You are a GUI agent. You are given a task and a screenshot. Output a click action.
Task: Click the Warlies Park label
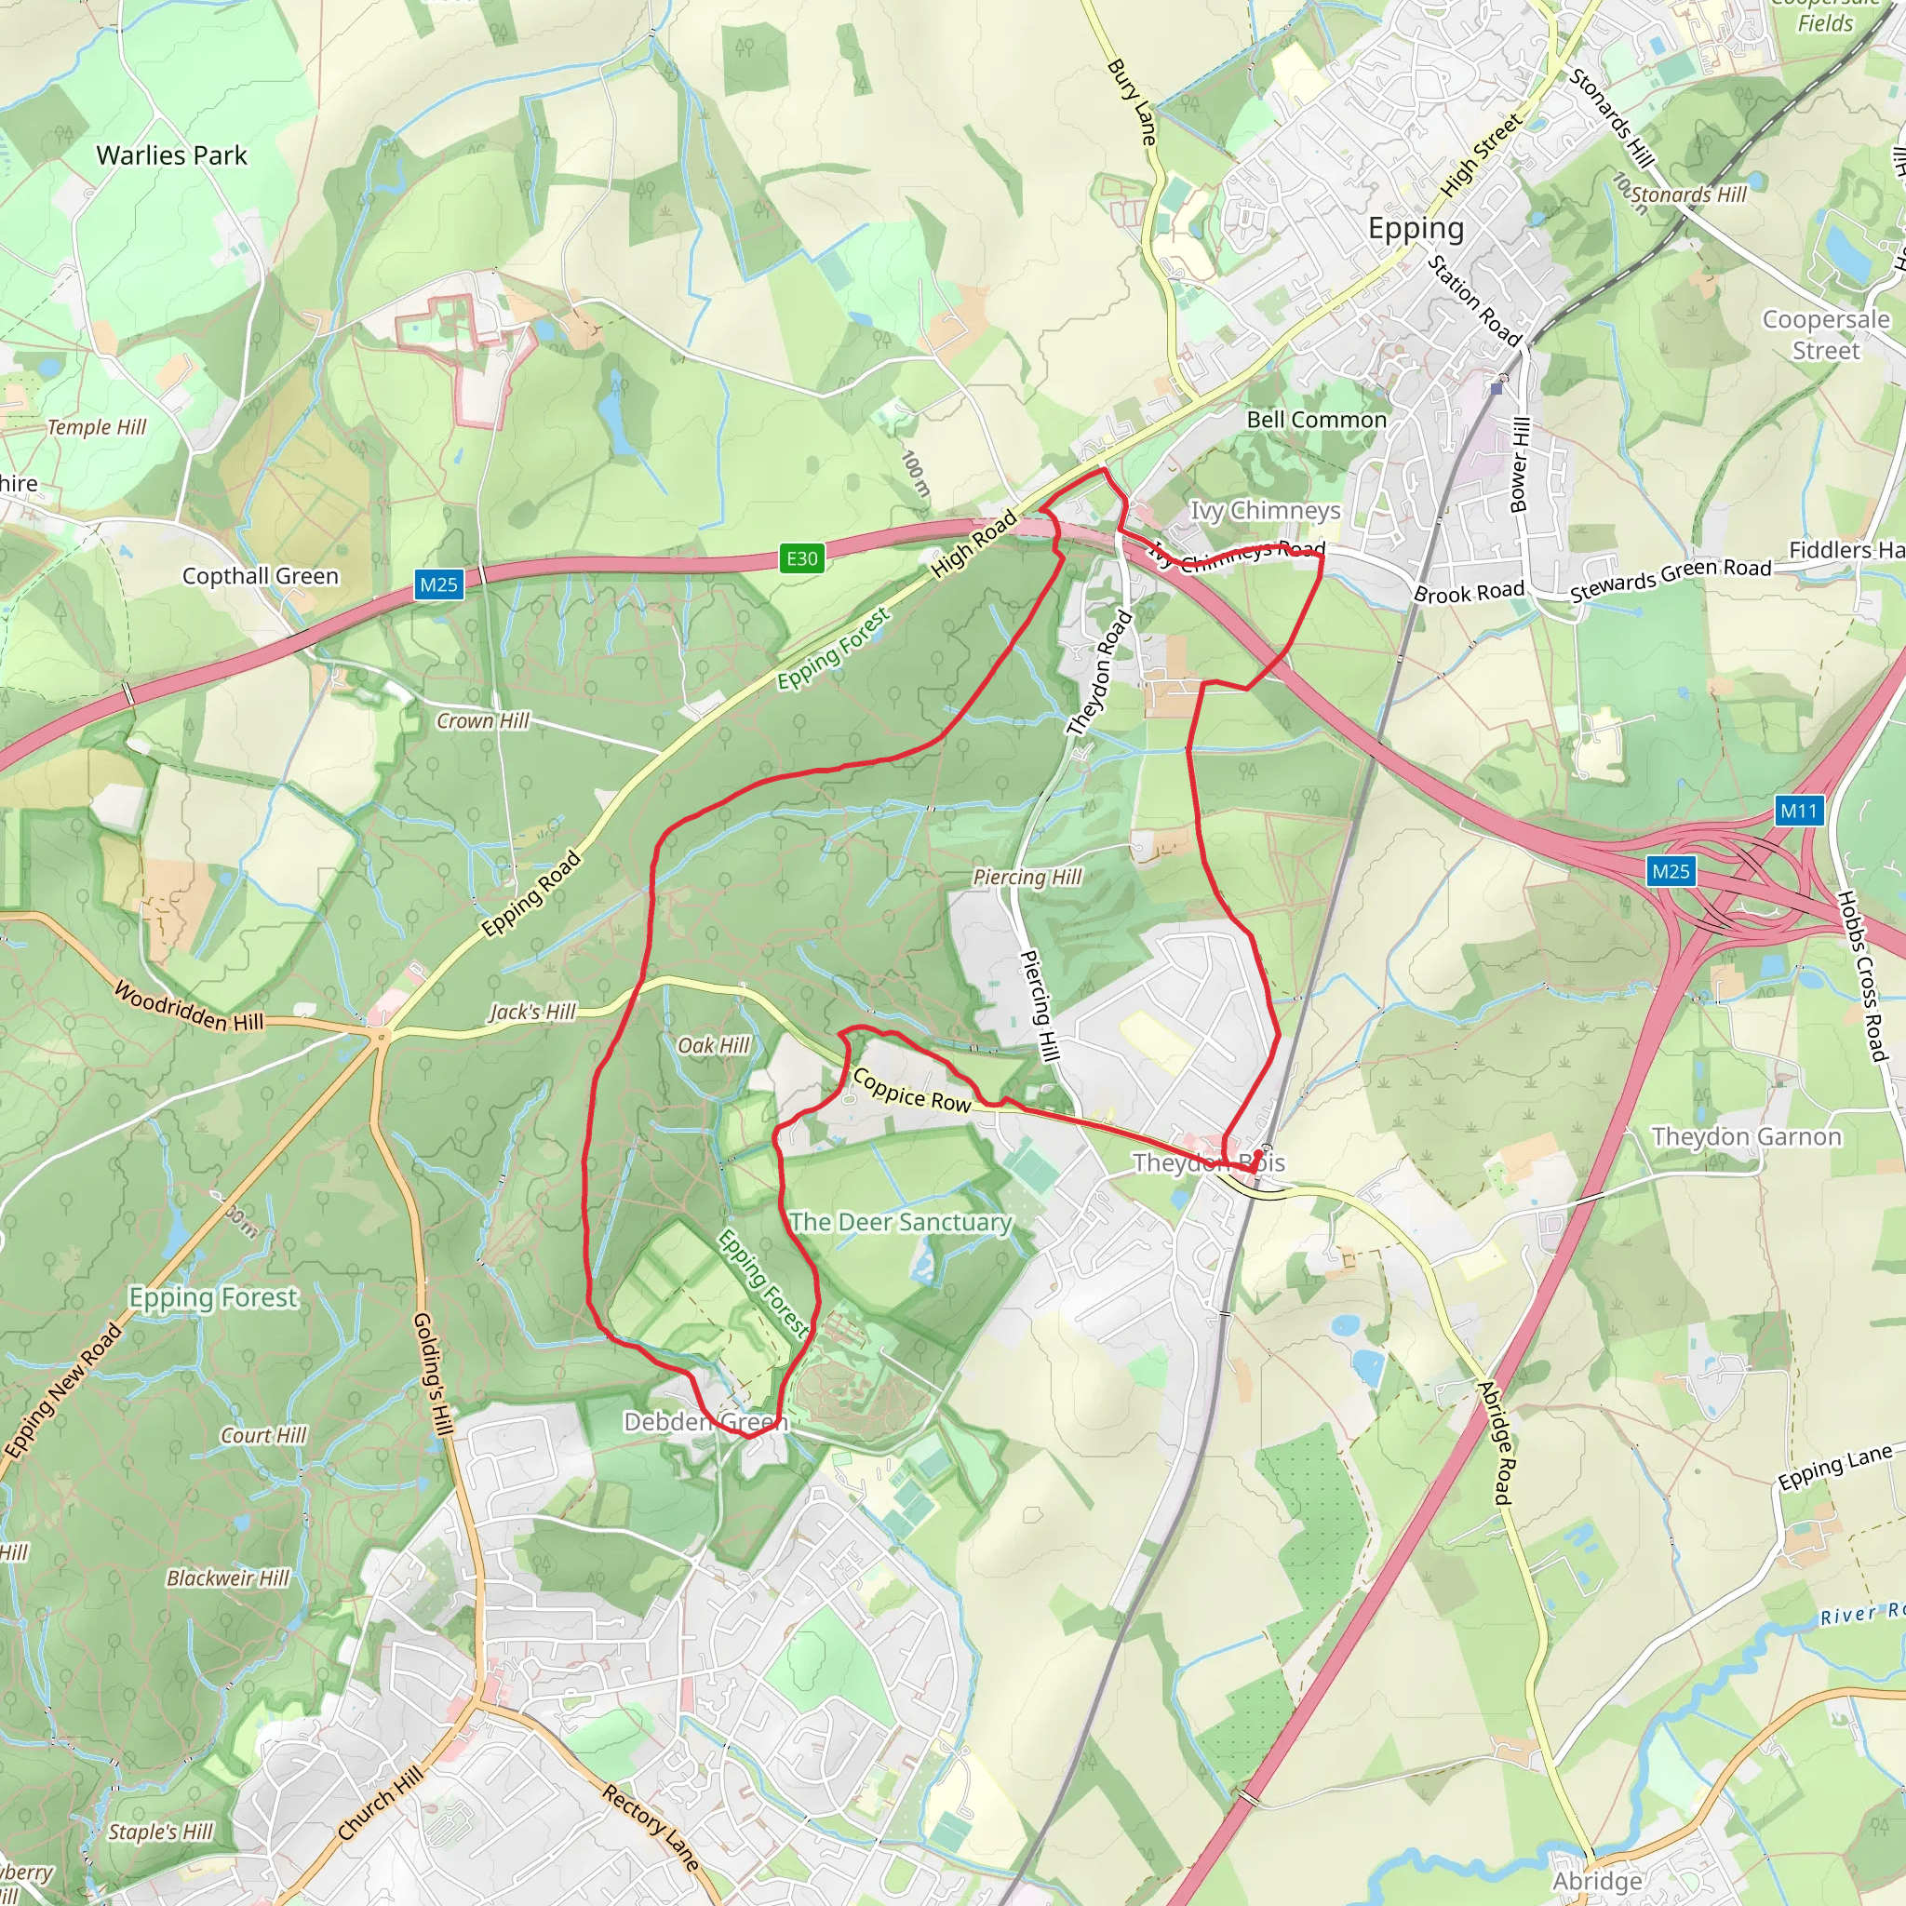(x=171, y=154)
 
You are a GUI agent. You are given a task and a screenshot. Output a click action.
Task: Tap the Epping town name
(x=1416, y=229)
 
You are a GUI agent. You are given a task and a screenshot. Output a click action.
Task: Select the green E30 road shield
(x=801, y=558)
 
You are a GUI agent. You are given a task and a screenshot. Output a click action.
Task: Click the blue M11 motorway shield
(x=1797, y=811)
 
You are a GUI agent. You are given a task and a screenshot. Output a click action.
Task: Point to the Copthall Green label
(x=261, y=576)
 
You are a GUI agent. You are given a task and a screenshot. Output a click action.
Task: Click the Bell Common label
(x=1316, y=421)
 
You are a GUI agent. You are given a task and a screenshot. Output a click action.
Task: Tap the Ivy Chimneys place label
(x=1265, y=510)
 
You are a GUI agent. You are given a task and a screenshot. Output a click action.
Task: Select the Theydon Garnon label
(x=1746, y=1136)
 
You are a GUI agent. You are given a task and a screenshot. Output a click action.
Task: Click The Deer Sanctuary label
(x=901, y=1222)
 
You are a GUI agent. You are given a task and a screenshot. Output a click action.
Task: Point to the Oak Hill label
(x=713, y=1046)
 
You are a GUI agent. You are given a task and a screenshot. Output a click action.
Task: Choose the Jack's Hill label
(x=532, y=1013)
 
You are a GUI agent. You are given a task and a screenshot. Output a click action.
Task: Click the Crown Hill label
(x=482, y=721)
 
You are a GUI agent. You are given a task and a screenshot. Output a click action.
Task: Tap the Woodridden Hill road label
(x=190, y=1006)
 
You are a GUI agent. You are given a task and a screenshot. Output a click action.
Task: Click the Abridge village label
(x=1597, y=1880)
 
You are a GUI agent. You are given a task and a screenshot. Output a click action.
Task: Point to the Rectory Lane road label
(x=651, y=1827)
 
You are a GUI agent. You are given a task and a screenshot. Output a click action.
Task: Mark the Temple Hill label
(x=97, y=427)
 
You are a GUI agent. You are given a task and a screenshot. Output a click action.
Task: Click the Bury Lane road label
(x=1132, y=101)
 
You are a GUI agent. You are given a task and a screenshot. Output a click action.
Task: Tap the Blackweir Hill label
(x=228, y=1578)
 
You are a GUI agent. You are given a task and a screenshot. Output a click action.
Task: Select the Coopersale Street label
(x=1825, y=334)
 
